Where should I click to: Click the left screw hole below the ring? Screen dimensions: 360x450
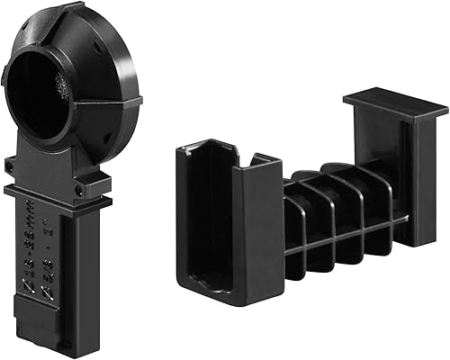click(x=12, y=166)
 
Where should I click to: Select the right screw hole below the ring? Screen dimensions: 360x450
click(x=79, y=190)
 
